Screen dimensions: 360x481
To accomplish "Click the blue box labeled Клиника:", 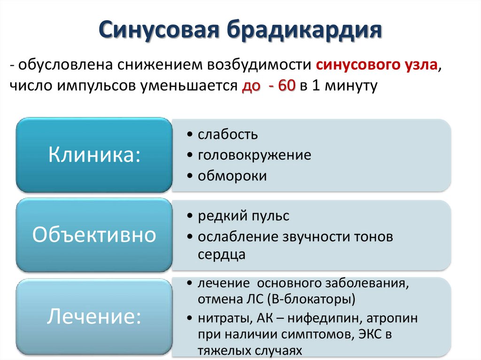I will coord(94,155).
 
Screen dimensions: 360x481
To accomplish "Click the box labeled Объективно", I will coord(94,235).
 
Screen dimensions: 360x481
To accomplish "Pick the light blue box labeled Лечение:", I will coord(94,316).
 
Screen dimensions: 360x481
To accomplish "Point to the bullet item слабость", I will coord(227,134).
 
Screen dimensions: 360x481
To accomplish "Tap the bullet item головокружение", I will coord(254,155).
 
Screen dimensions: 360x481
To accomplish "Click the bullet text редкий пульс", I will coord(243,216).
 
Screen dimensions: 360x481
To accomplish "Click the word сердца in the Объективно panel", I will coord(221,254).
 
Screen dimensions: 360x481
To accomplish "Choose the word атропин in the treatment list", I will coord(394,318).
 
